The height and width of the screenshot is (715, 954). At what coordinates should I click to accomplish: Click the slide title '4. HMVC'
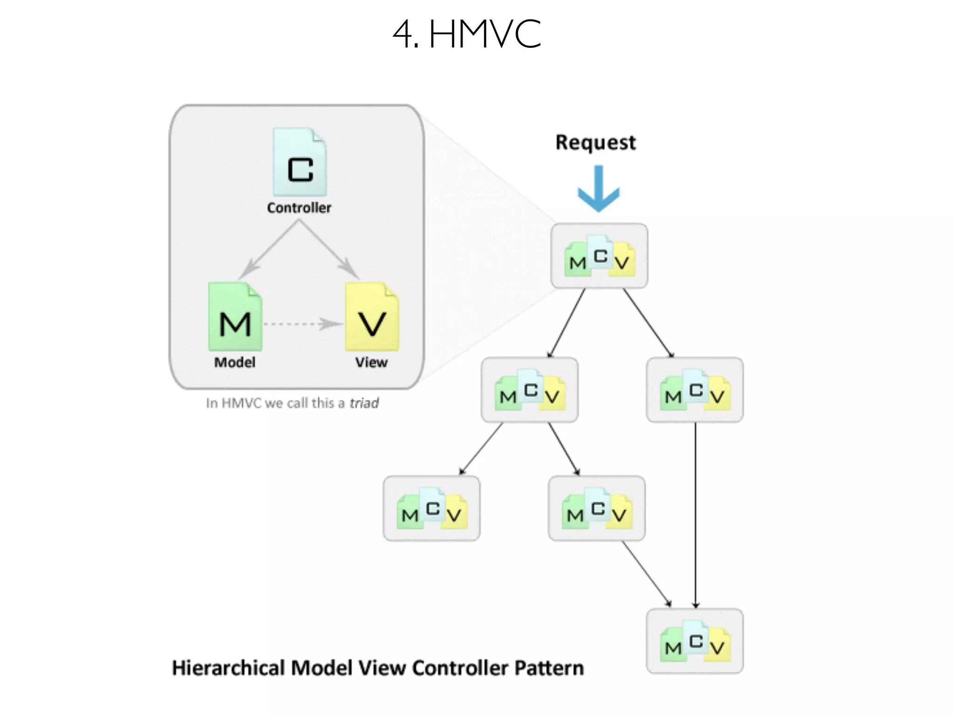point(467,34)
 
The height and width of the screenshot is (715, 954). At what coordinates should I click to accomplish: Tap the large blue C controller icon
point(300,162)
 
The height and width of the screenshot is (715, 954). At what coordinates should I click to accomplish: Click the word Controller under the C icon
point(299,208)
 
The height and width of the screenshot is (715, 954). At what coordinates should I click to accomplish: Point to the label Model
point(235,362)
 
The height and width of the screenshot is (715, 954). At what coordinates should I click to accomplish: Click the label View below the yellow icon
point(371,362)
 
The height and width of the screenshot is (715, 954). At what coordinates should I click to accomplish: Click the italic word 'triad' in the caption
point(364,403)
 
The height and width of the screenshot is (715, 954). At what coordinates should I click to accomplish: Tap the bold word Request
point(595,142)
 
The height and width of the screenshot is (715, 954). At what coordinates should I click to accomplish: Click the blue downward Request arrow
point(599,189)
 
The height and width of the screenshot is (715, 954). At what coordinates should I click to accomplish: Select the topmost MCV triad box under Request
point(599,256)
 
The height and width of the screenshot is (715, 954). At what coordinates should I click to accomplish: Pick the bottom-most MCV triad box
point(695,641)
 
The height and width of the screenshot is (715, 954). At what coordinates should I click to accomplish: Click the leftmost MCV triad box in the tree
point(431,508)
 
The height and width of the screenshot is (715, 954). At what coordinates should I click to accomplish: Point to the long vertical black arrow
point(695,512)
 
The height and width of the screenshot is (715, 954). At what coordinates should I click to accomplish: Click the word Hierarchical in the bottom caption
point(228,668)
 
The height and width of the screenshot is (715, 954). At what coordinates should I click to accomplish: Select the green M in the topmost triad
point(577,263)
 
